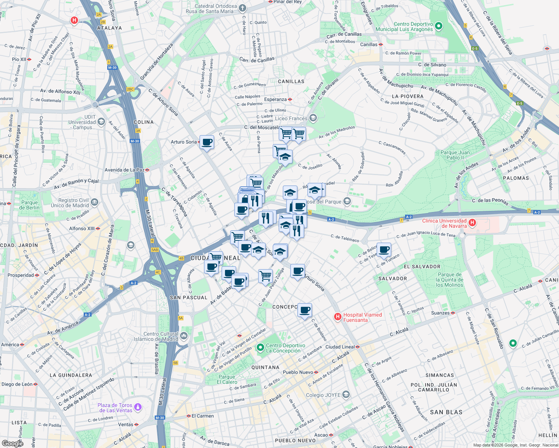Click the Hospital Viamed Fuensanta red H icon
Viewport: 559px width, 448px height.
pyautogui.click(x=338, y=317)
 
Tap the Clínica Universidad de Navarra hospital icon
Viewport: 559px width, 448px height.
pyautogui.click(x=472, y=223)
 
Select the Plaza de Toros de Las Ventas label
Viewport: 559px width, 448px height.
pyautogui.click(x=115, y=408)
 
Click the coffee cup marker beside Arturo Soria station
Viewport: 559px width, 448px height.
pyautogui.click(x=207, y=142)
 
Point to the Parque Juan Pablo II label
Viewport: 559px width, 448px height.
pyautogui.click(x=455, y=155)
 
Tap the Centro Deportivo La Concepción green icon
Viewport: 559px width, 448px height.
pyautogui.click(x=260, y=348)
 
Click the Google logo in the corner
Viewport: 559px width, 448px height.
pyautogui.click(x=12, y=443)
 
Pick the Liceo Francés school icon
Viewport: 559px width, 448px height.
pyautogui.click(x=313, y=118)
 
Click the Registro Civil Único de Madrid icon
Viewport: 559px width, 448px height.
pyautogui.click(x=94, y=202)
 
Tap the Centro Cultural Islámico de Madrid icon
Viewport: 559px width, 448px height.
pyautogui.click(x=183, y=336)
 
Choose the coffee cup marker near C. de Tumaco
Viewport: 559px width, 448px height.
pyautogui.click(x=384, y=250)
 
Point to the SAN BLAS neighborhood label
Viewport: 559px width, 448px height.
pyautogui.click(x=446, y=412)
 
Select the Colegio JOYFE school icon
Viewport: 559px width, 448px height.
pyautogui.click(x=346, y=395)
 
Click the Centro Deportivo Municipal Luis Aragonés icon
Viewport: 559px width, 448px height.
pyautogui.click(x=439, y=26)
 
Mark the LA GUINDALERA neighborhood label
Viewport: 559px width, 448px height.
pyautogui.click(x=71, y=375)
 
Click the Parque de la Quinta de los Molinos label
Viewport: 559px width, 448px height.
pyautogui.click(x=450, y=280)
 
